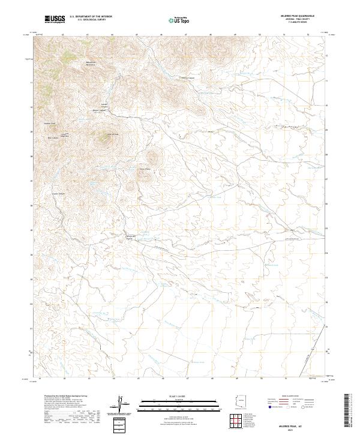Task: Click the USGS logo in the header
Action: click(x=55, y=19)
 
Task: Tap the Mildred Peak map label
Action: click(x=50, y=124)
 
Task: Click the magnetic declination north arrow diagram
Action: click(x=120, y=406)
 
